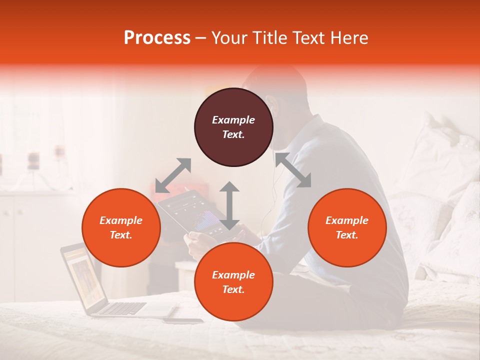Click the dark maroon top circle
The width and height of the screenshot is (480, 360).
coord(233,127)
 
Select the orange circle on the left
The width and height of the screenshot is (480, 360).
coord(121,227)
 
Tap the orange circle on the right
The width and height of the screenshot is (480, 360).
coord(347,227)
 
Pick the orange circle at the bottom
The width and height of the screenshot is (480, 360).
coord(233,282)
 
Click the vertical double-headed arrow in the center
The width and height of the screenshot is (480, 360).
coord(229,205)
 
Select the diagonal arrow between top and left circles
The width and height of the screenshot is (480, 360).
coord(173,175)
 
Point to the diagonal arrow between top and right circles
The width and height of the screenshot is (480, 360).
coord(293,170)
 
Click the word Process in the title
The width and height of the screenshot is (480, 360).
coord(157,38)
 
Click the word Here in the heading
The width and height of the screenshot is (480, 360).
coord(349,38)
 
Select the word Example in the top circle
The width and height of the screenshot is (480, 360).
coord(233,120)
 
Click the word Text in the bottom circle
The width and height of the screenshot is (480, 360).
coord(233,289)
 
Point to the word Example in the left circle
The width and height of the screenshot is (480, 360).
coord(121,220)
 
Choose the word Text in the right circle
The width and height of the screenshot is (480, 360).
coord(347,235)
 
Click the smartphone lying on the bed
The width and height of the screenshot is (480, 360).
coord(183,320)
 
